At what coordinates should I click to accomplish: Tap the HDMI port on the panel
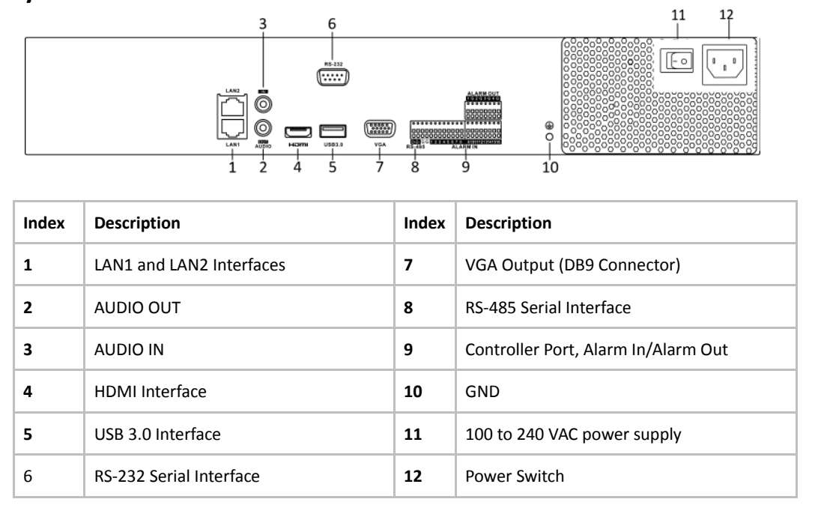pos(297,128)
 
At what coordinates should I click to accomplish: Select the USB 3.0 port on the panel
pos(333,128)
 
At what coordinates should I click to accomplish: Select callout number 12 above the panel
pos(726,13)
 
